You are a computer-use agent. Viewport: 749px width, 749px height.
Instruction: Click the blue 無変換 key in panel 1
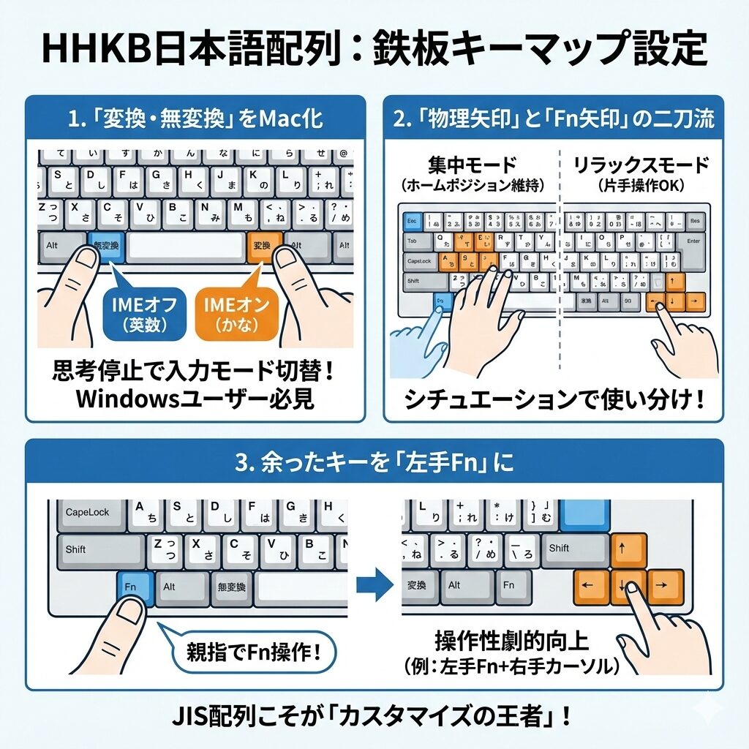(105, 246)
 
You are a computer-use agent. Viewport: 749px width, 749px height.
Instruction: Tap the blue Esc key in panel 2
(411, 219)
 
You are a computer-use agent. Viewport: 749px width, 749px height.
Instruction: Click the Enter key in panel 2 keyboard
(692, 241)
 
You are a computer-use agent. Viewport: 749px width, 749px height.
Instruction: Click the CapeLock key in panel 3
(87, 512)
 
